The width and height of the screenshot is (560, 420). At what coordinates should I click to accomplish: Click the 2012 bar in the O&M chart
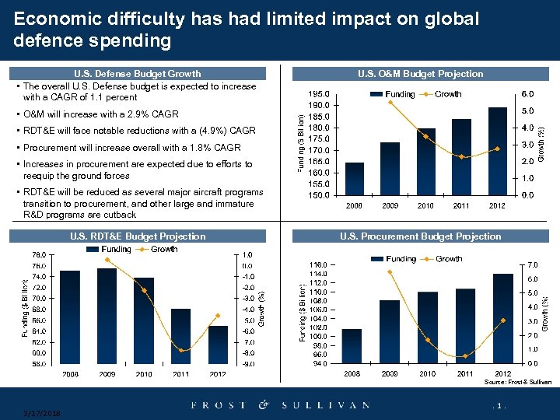point(498,152)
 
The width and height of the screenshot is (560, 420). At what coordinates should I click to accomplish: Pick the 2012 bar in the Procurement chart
point(502,318)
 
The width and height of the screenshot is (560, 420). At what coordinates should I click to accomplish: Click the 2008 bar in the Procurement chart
point(352,345)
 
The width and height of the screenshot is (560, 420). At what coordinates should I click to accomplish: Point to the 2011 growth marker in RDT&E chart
point(180,351)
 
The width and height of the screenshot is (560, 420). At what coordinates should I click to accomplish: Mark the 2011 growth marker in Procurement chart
point(465,356)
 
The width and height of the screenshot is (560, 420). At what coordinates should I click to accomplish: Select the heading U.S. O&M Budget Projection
point(420,74)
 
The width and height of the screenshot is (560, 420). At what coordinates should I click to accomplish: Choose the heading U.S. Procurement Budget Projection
point(420,236)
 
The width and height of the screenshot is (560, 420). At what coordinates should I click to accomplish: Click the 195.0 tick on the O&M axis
point(320,94)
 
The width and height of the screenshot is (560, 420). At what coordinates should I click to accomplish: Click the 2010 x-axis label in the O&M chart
point(426,206)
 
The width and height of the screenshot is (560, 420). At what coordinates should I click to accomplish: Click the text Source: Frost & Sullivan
point(517,383)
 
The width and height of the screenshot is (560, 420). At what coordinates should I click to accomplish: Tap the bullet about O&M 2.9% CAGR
point(101,114)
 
